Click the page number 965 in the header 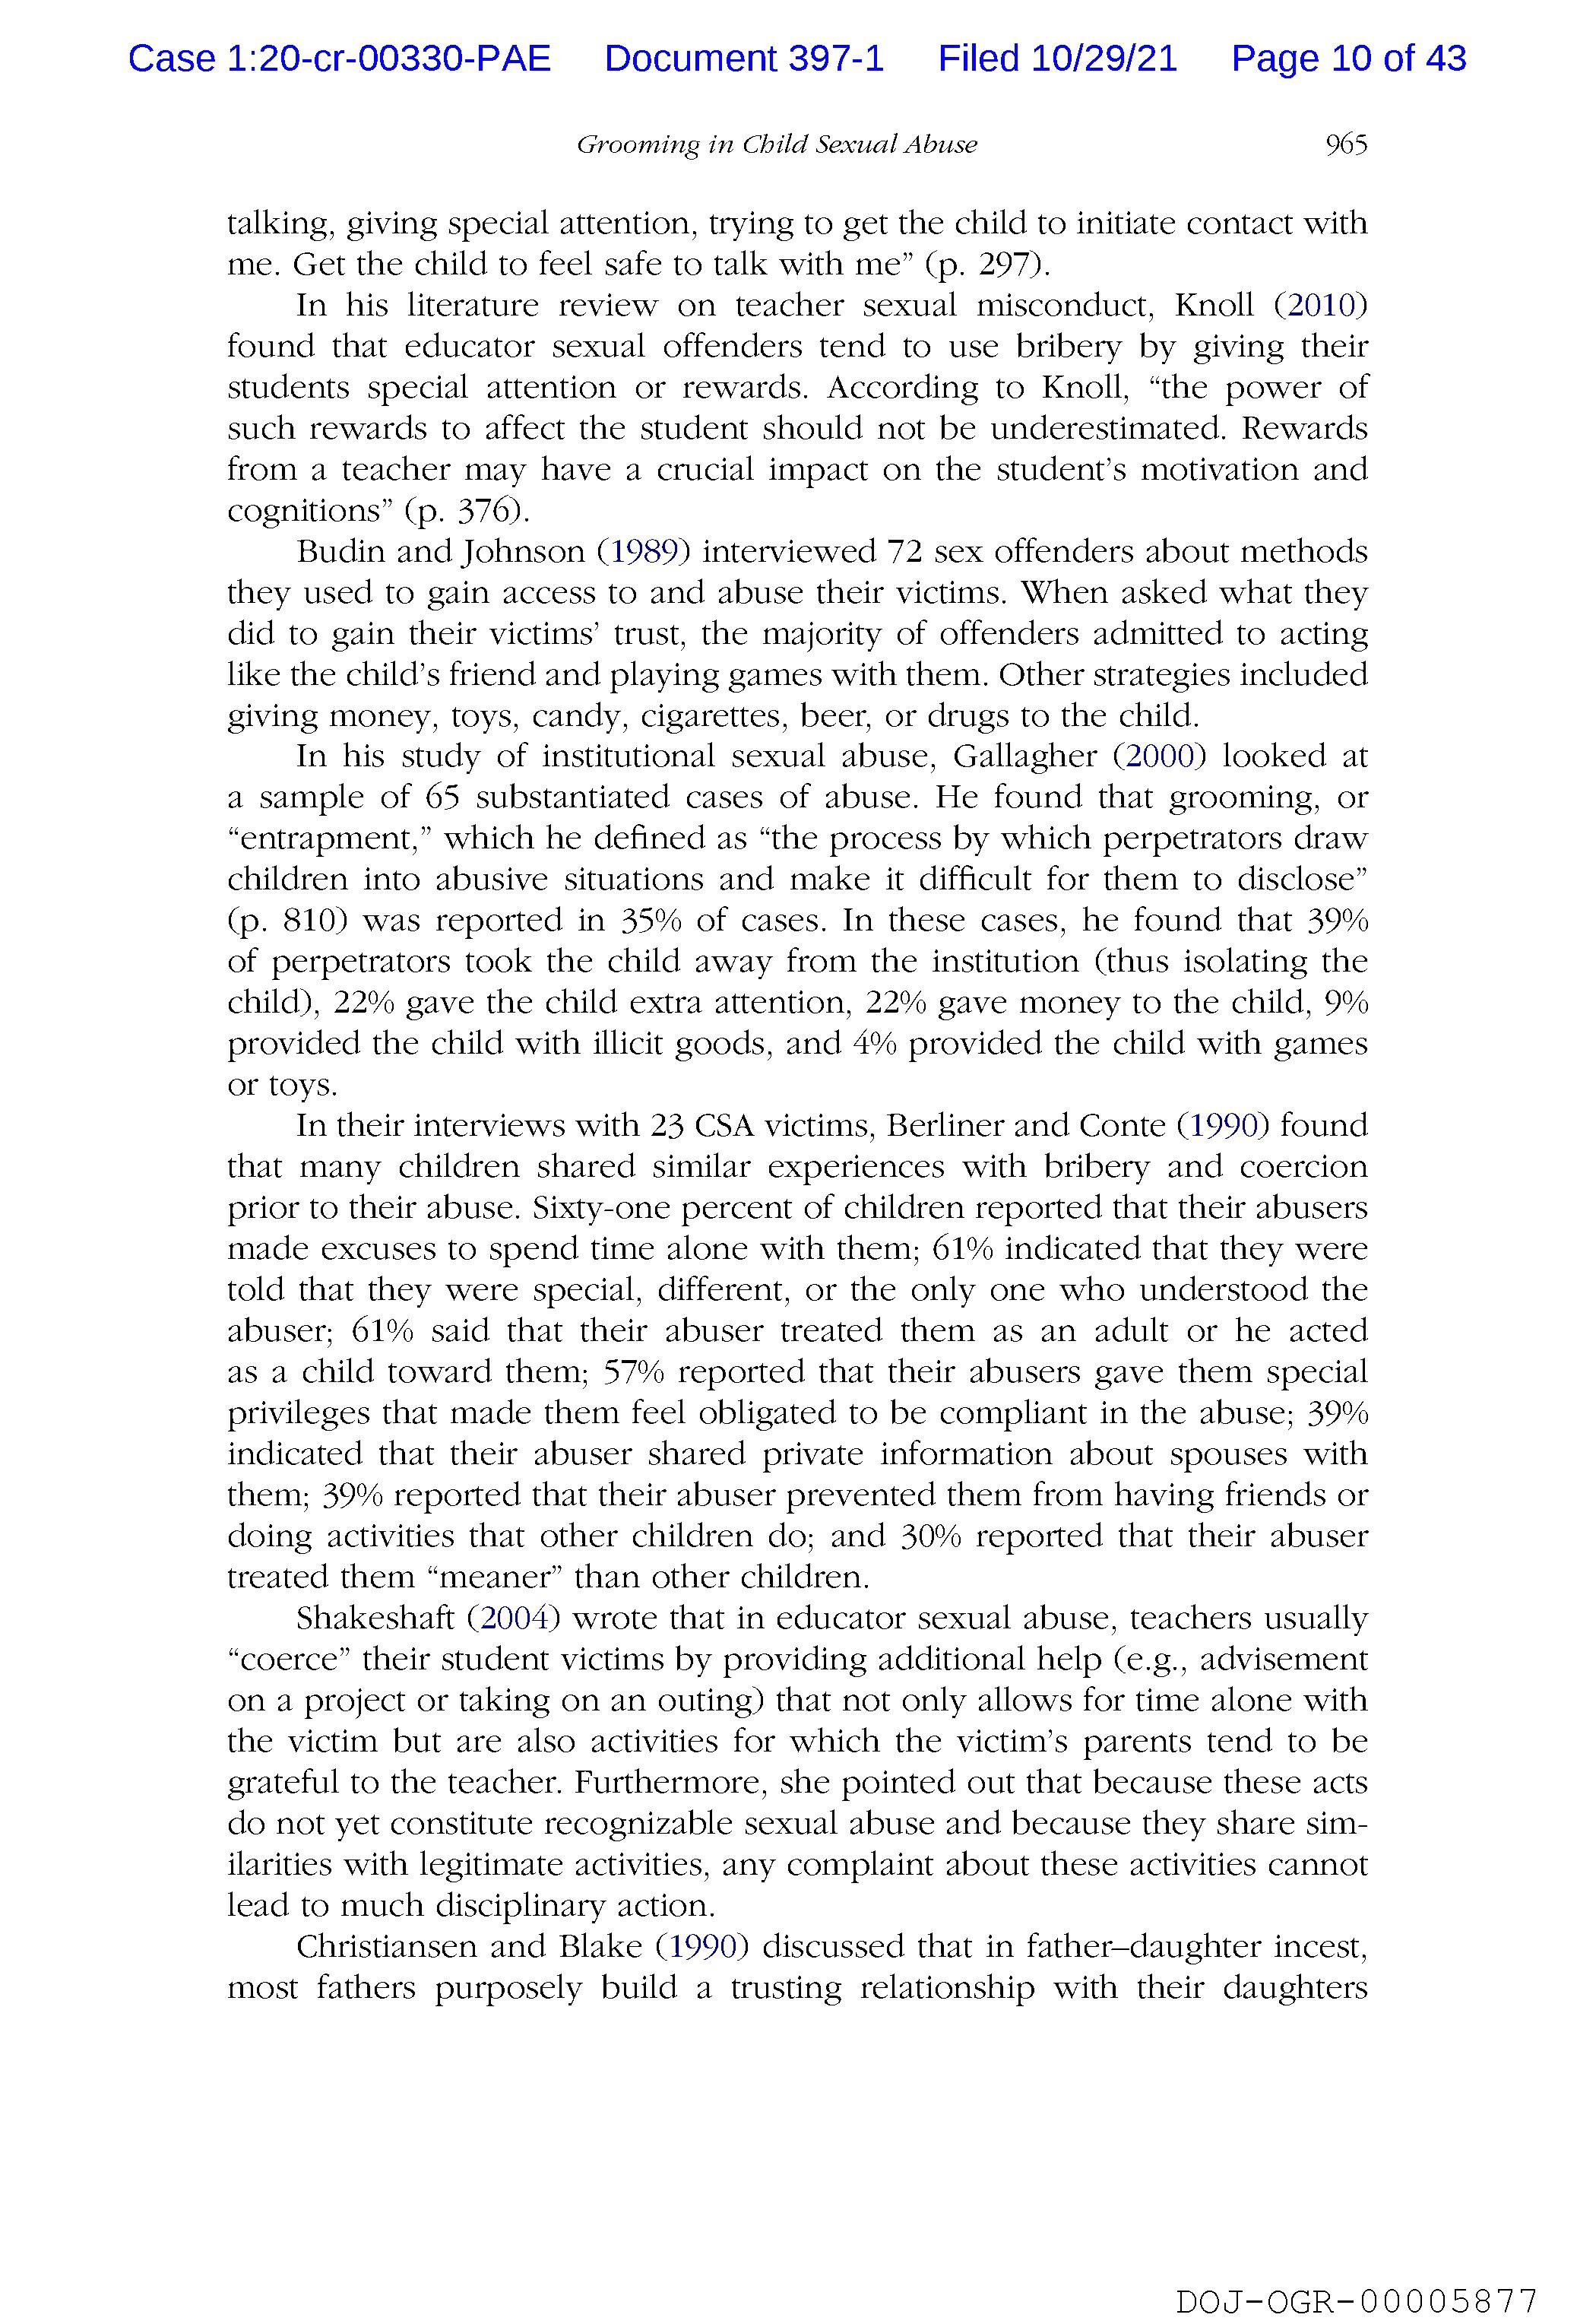(1345, 145)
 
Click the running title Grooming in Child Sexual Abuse (776, 145)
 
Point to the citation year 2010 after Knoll (1321, 305)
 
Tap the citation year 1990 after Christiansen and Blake (702, 1946)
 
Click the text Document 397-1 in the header (744, 59)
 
